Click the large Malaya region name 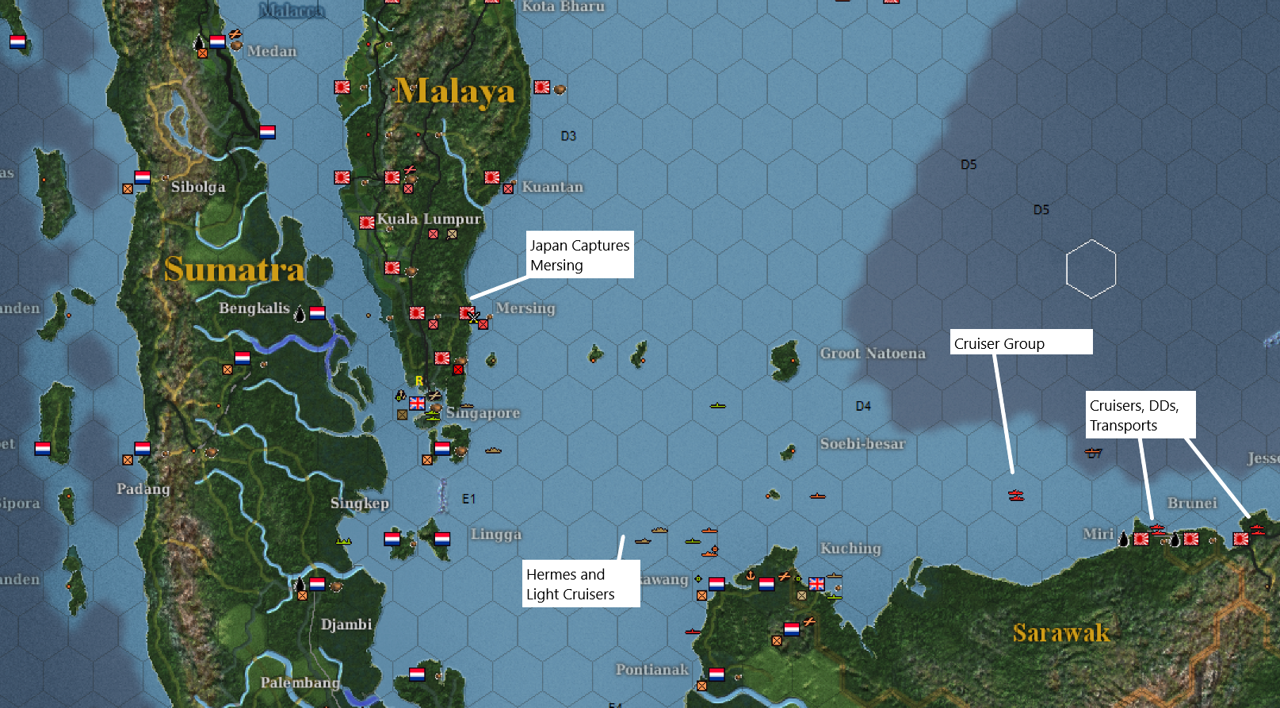[454, 92]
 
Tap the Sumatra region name [234, 270]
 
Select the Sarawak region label [1061, 633]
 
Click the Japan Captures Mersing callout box [580, 255]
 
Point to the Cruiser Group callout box [1021, 343]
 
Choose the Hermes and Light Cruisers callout [580, 584]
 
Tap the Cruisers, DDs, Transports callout [1139, 415]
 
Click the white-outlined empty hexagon [1091, 269]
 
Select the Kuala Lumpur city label [429, 219]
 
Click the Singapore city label [483, 412]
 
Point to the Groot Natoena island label [873, 354]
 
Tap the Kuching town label [850, 548]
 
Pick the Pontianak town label [652, 669]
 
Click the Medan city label [272, 52]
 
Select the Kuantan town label [552, 187]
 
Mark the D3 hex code [568, 136]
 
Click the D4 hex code [863, 406]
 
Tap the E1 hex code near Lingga [468, 499]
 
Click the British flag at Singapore [417, 403]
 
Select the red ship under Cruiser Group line [1016, 496]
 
